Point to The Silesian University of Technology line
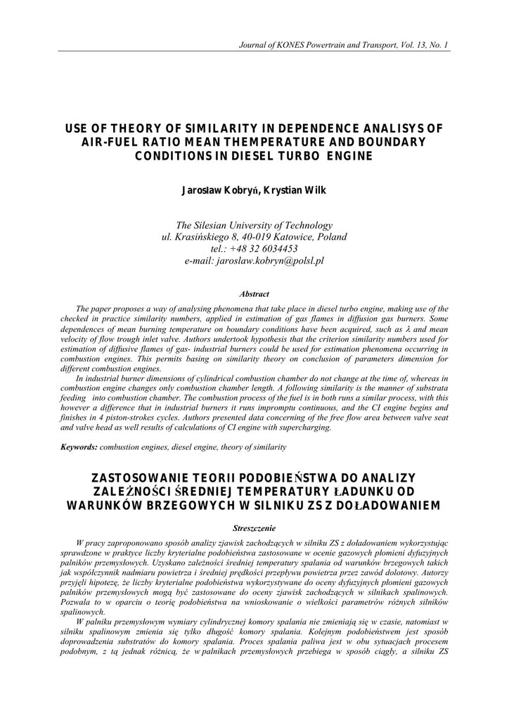coord(254,225)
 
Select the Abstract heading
coord(254,294)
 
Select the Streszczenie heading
coord(254,527)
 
